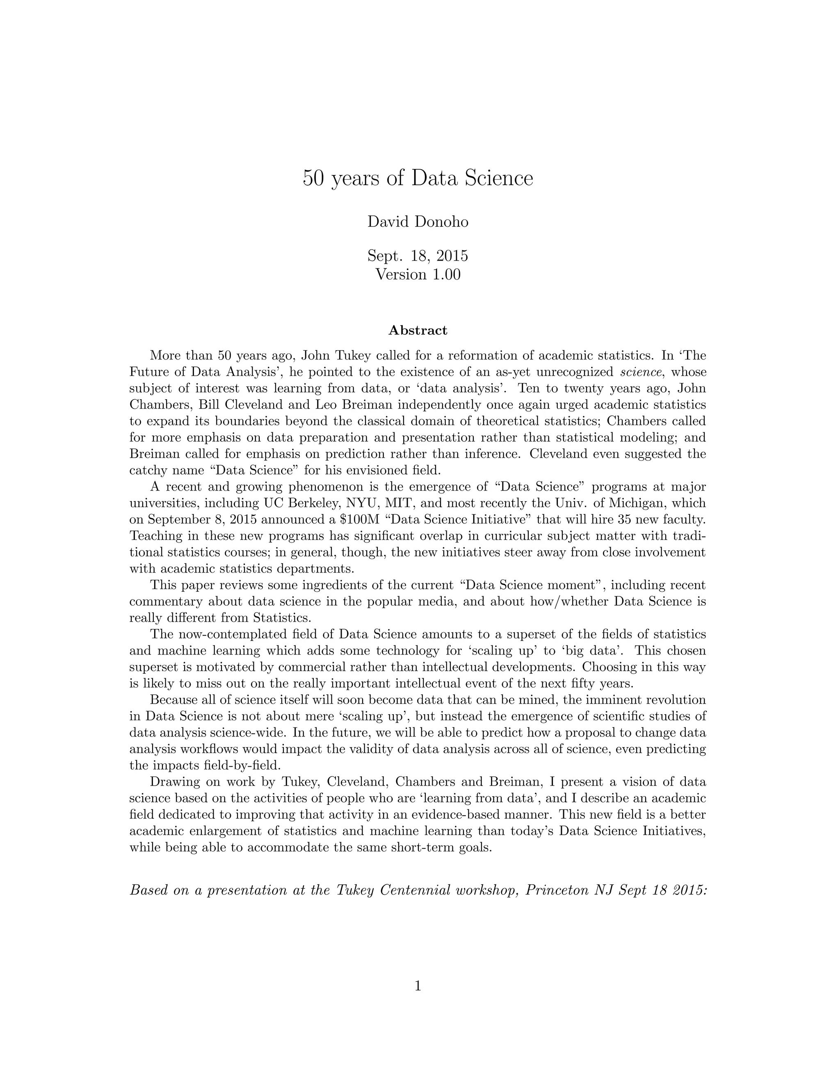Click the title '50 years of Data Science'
[x=418, y=178]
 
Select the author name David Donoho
[x=418, y=221]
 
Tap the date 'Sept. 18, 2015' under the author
[x=418, y=256]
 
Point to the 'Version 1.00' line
[x=418, y=274]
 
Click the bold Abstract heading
[x=418, y=330]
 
